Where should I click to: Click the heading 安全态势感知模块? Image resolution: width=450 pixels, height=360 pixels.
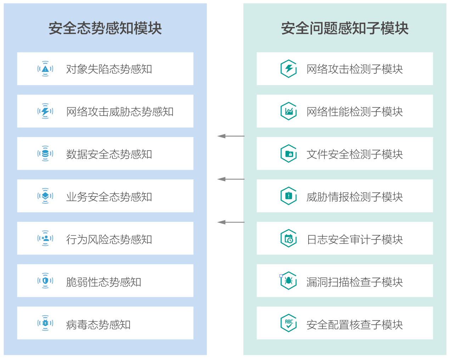coord(105,28)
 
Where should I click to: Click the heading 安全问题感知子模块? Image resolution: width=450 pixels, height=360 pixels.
coord(344,28)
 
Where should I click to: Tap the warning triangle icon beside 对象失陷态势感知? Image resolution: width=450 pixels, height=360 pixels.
coord(45,69)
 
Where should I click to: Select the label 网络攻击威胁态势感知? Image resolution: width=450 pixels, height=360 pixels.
coord(120,112)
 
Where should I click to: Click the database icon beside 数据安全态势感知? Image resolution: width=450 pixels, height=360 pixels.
coord(45,154)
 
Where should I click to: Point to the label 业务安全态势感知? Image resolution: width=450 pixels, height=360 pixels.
coord(109,197)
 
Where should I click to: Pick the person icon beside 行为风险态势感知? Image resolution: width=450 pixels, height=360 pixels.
coord(45,238)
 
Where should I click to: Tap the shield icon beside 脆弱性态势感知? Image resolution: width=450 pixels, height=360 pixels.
coord(45,281)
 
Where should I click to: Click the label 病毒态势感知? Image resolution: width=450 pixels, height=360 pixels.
coord(99,325)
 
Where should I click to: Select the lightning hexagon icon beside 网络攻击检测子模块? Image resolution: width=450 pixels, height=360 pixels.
coord(288,69)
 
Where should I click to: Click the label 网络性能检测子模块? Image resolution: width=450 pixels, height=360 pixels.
coord(354,112)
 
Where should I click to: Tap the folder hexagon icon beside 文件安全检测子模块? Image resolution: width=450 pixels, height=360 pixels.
coord(288,154)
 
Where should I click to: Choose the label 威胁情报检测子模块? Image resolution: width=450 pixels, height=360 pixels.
coord(354,197)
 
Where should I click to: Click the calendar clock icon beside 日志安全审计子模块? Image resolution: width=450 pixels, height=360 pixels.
coord(288,239)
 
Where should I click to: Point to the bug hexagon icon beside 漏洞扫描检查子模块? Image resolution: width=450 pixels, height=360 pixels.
coord(288,281)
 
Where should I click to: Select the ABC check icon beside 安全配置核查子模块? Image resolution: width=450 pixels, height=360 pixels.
coord(288,323)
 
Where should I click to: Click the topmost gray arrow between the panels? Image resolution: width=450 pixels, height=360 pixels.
coord(231,136)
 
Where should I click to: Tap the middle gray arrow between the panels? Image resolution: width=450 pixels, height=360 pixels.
coord(231,179)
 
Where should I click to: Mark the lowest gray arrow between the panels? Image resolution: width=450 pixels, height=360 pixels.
coord(231,222)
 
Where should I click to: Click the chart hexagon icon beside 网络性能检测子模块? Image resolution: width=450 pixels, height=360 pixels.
coord(288,111)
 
